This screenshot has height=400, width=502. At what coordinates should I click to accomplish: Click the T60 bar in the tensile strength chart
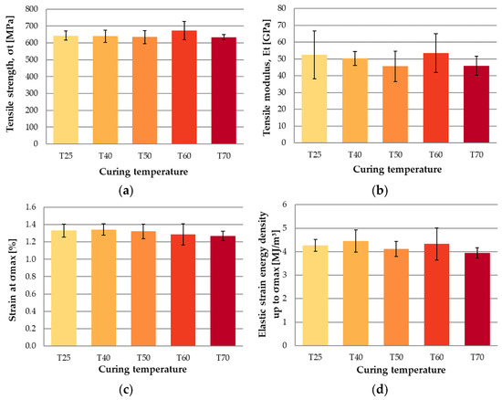[184, 87]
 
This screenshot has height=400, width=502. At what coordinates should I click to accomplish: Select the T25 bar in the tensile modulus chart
[314, 99]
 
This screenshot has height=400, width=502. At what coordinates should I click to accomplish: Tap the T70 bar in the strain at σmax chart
[223, 290]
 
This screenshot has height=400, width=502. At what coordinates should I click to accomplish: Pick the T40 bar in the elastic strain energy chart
[356, 293]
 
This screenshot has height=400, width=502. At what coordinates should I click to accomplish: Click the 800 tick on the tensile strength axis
[31, 9]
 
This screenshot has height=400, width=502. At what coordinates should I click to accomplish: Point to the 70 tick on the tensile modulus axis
[282, 25]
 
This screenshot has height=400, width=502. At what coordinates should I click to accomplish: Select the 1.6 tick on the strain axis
[30, 207]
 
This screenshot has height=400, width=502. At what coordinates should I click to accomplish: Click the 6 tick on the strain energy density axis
[284, 205]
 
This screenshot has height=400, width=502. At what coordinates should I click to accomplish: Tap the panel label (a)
[126, 191]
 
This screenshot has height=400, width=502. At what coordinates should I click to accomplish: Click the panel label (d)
[380, 390]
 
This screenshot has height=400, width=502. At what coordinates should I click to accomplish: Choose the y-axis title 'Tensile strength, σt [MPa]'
[10, 73]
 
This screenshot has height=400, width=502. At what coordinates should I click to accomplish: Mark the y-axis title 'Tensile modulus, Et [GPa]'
[267, 78]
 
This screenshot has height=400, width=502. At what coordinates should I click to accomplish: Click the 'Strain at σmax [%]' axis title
[12, 279]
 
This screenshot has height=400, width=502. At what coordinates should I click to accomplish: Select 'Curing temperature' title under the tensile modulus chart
[397, 169]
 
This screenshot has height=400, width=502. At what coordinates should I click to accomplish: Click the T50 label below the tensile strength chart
[145, 156]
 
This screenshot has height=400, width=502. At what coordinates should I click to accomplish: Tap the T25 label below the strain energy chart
[315, 357]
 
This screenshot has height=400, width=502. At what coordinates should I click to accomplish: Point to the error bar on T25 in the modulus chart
[314, 55]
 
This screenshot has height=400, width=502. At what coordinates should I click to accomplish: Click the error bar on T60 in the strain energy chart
[436, 244]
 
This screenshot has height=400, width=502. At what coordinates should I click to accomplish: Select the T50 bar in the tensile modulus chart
[395, 104]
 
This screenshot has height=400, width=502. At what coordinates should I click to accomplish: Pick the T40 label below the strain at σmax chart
[103, 357]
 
